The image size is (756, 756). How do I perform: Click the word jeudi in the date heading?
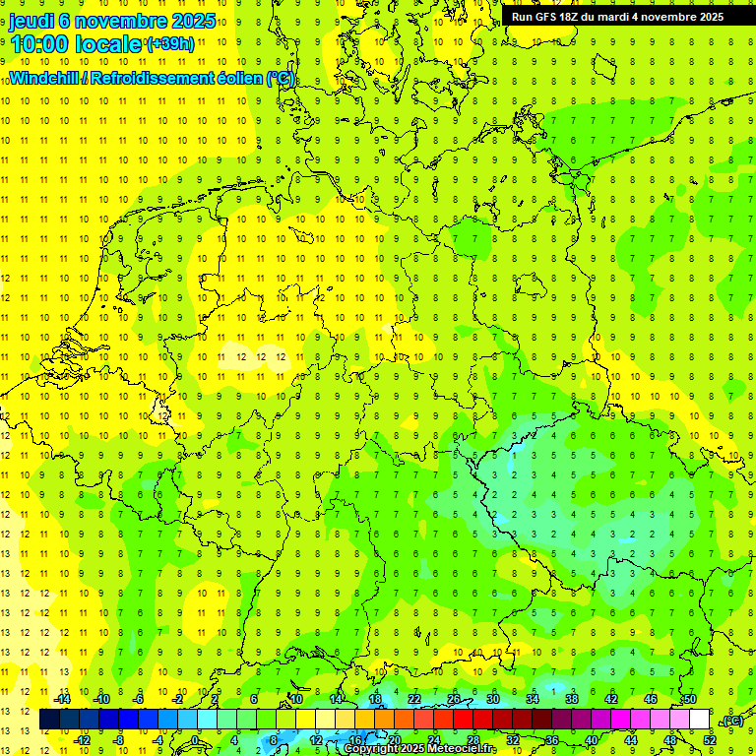click(31, 21)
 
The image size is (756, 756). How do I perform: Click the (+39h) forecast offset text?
click(170, 44)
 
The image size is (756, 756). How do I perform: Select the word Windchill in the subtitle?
click(45, 79)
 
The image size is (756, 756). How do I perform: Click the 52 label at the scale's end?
click(710, 740)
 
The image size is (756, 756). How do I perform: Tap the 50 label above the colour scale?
click(690, 699)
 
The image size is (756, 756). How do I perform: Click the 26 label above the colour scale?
click(454, 699)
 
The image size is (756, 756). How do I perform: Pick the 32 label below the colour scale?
click(513, 740)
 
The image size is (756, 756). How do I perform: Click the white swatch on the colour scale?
click(700, 720)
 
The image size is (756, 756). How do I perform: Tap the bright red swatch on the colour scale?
click(464, 720)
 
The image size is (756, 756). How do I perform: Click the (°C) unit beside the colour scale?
click(732, 721)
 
